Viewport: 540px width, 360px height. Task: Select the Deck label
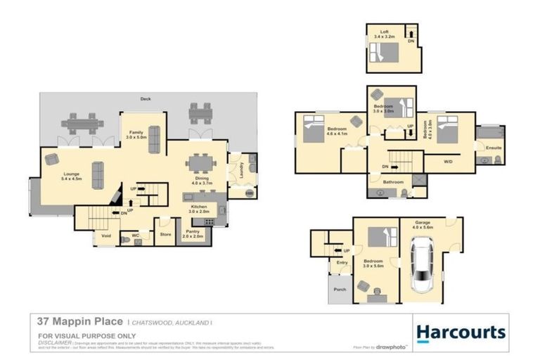(146, 99)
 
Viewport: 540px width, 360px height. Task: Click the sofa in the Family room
(154, 139)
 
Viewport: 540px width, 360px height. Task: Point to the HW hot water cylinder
(248, 193)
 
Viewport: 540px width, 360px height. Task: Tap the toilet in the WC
(126, 240)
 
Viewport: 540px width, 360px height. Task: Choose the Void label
(106, 236)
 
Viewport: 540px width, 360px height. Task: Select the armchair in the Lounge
(52, 160)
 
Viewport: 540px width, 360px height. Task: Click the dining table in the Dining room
(201, 164)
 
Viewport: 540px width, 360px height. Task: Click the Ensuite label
(489, 148)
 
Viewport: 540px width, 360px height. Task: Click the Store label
(166, 234)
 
